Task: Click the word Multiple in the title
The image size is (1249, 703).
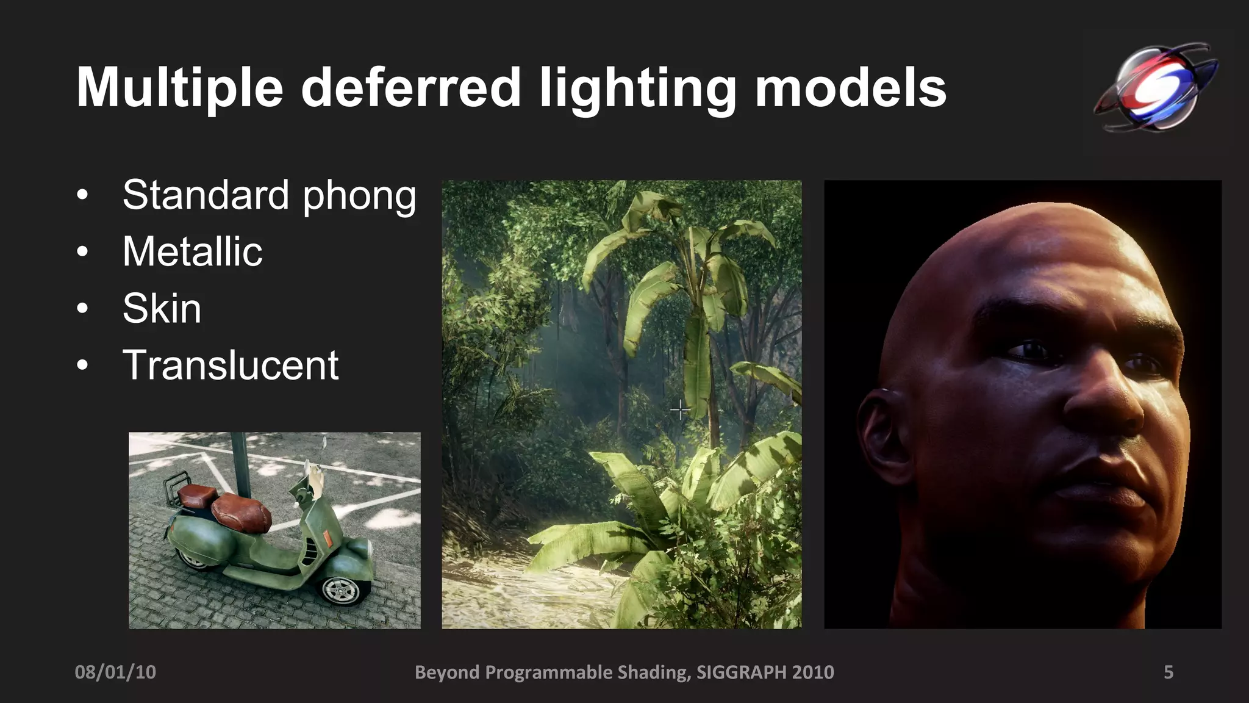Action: (x=179, y=89)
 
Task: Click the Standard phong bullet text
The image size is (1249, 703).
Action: (x=269, y=196)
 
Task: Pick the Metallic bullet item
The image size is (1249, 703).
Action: (x=192, y=251)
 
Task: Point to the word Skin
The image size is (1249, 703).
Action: (x=162, y=308)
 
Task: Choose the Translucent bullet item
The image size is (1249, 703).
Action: (x=230, y=365)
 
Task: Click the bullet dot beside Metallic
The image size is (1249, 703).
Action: (x=83, y=252)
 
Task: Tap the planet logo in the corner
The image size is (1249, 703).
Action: (x=1154, y=87)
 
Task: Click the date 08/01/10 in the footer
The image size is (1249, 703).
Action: (x=115, y=672)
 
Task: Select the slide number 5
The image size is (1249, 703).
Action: (x=1168, y=672)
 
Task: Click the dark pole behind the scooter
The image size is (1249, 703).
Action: (x=240, y=464)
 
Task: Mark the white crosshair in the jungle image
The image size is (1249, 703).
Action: (x=680, y=409)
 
